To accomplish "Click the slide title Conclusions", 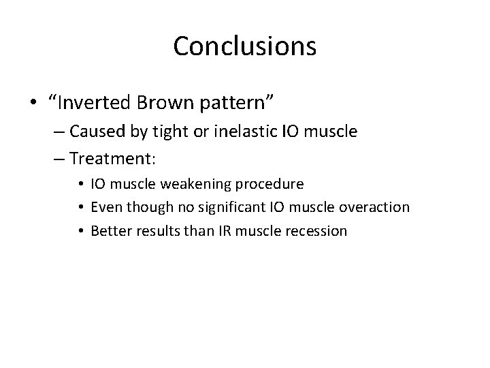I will click(244, 46).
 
